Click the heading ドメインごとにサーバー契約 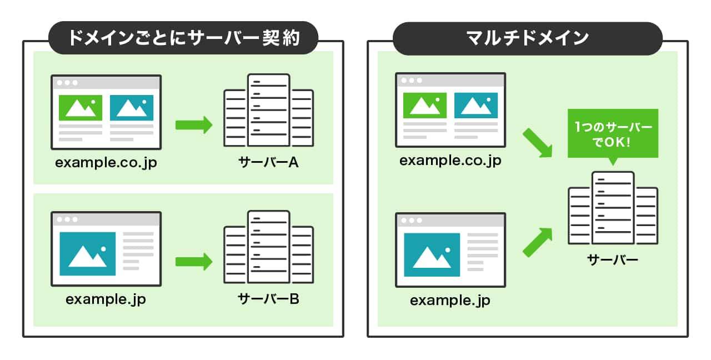click(x=184, y=38)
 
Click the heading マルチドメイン click(x=527, y=38)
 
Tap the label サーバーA click(x=268, y=162)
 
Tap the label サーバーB click(x=268, y=299)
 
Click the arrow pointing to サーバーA click(x=194, y=125)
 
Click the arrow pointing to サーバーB click(x=194, y=262)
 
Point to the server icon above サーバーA click(x=268, y=110)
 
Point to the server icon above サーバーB click(x=268, y=247)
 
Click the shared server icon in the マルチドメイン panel click(x=613, y=208)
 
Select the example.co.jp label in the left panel click(x=106, y=163)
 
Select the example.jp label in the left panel click(x=106, y=299)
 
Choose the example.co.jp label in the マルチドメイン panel click(x=450, y=161)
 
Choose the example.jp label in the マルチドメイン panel click(x=450, y=301)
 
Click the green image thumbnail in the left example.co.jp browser click(x=81, y=108)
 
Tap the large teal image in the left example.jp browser click(x=88, y=254)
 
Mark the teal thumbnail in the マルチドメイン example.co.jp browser click(x=476, y=106)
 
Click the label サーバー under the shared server click(x=613, y=259)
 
